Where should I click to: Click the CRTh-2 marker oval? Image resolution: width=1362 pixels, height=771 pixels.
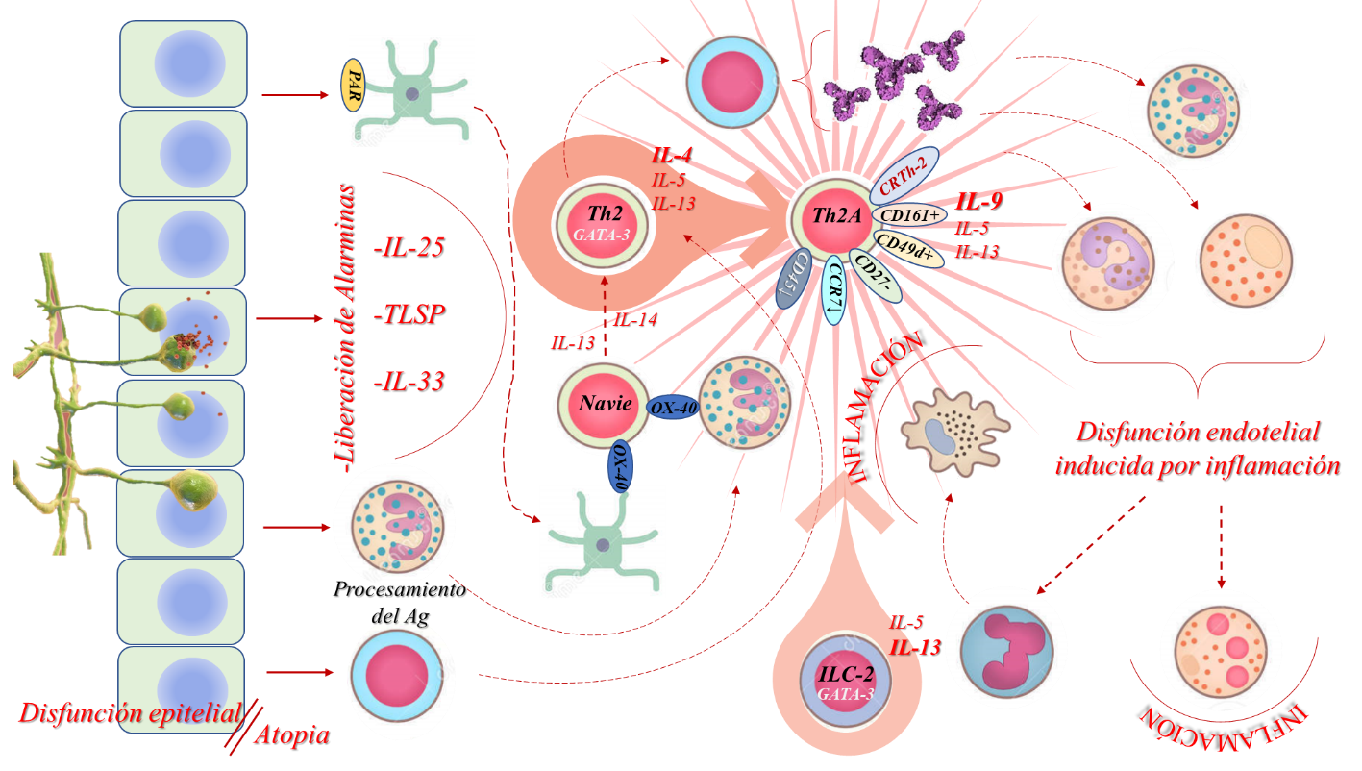903,176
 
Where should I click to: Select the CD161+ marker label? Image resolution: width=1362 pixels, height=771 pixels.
909,215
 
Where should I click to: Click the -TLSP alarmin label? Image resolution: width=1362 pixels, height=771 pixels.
408,314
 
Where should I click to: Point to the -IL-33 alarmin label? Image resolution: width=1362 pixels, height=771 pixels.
408,381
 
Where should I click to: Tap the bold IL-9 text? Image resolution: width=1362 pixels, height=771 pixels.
978,202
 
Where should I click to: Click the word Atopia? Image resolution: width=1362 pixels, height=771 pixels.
291,735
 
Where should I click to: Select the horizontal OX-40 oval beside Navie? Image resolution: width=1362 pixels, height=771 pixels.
673,408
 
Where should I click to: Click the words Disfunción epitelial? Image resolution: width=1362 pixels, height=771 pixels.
129,713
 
